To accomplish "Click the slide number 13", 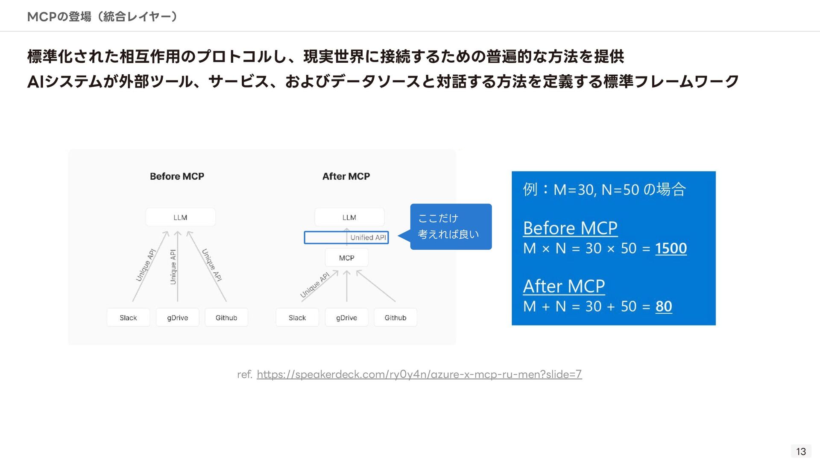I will pos(801,451).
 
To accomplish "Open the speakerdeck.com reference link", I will pos(419,374).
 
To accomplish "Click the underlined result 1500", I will pos(671,248).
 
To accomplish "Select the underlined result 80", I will pos(664,306).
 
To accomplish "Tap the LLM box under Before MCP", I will pos(180,217).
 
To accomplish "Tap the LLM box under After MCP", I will pos(349,217).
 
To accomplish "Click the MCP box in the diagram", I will pos(346,258).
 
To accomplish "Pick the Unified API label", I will pos(368,238).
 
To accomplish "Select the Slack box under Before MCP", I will pos(128,318).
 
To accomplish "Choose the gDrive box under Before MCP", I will pos(177,318).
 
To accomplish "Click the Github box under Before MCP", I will pos(226,318).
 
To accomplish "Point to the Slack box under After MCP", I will pos(297,318).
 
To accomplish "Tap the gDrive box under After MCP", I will pos(346,318).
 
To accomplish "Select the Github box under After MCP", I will pos(395,318).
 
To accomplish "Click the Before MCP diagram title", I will pos(177,176).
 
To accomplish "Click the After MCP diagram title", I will pos(346,176).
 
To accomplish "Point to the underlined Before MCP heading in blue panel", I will pos(570,228).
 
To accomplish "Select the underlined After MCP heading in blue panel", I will pos(564,286).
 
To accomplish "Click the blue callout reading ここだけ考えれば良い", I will pos(451,227).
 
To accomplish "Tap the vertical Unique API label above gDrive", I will pos(173,267).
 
